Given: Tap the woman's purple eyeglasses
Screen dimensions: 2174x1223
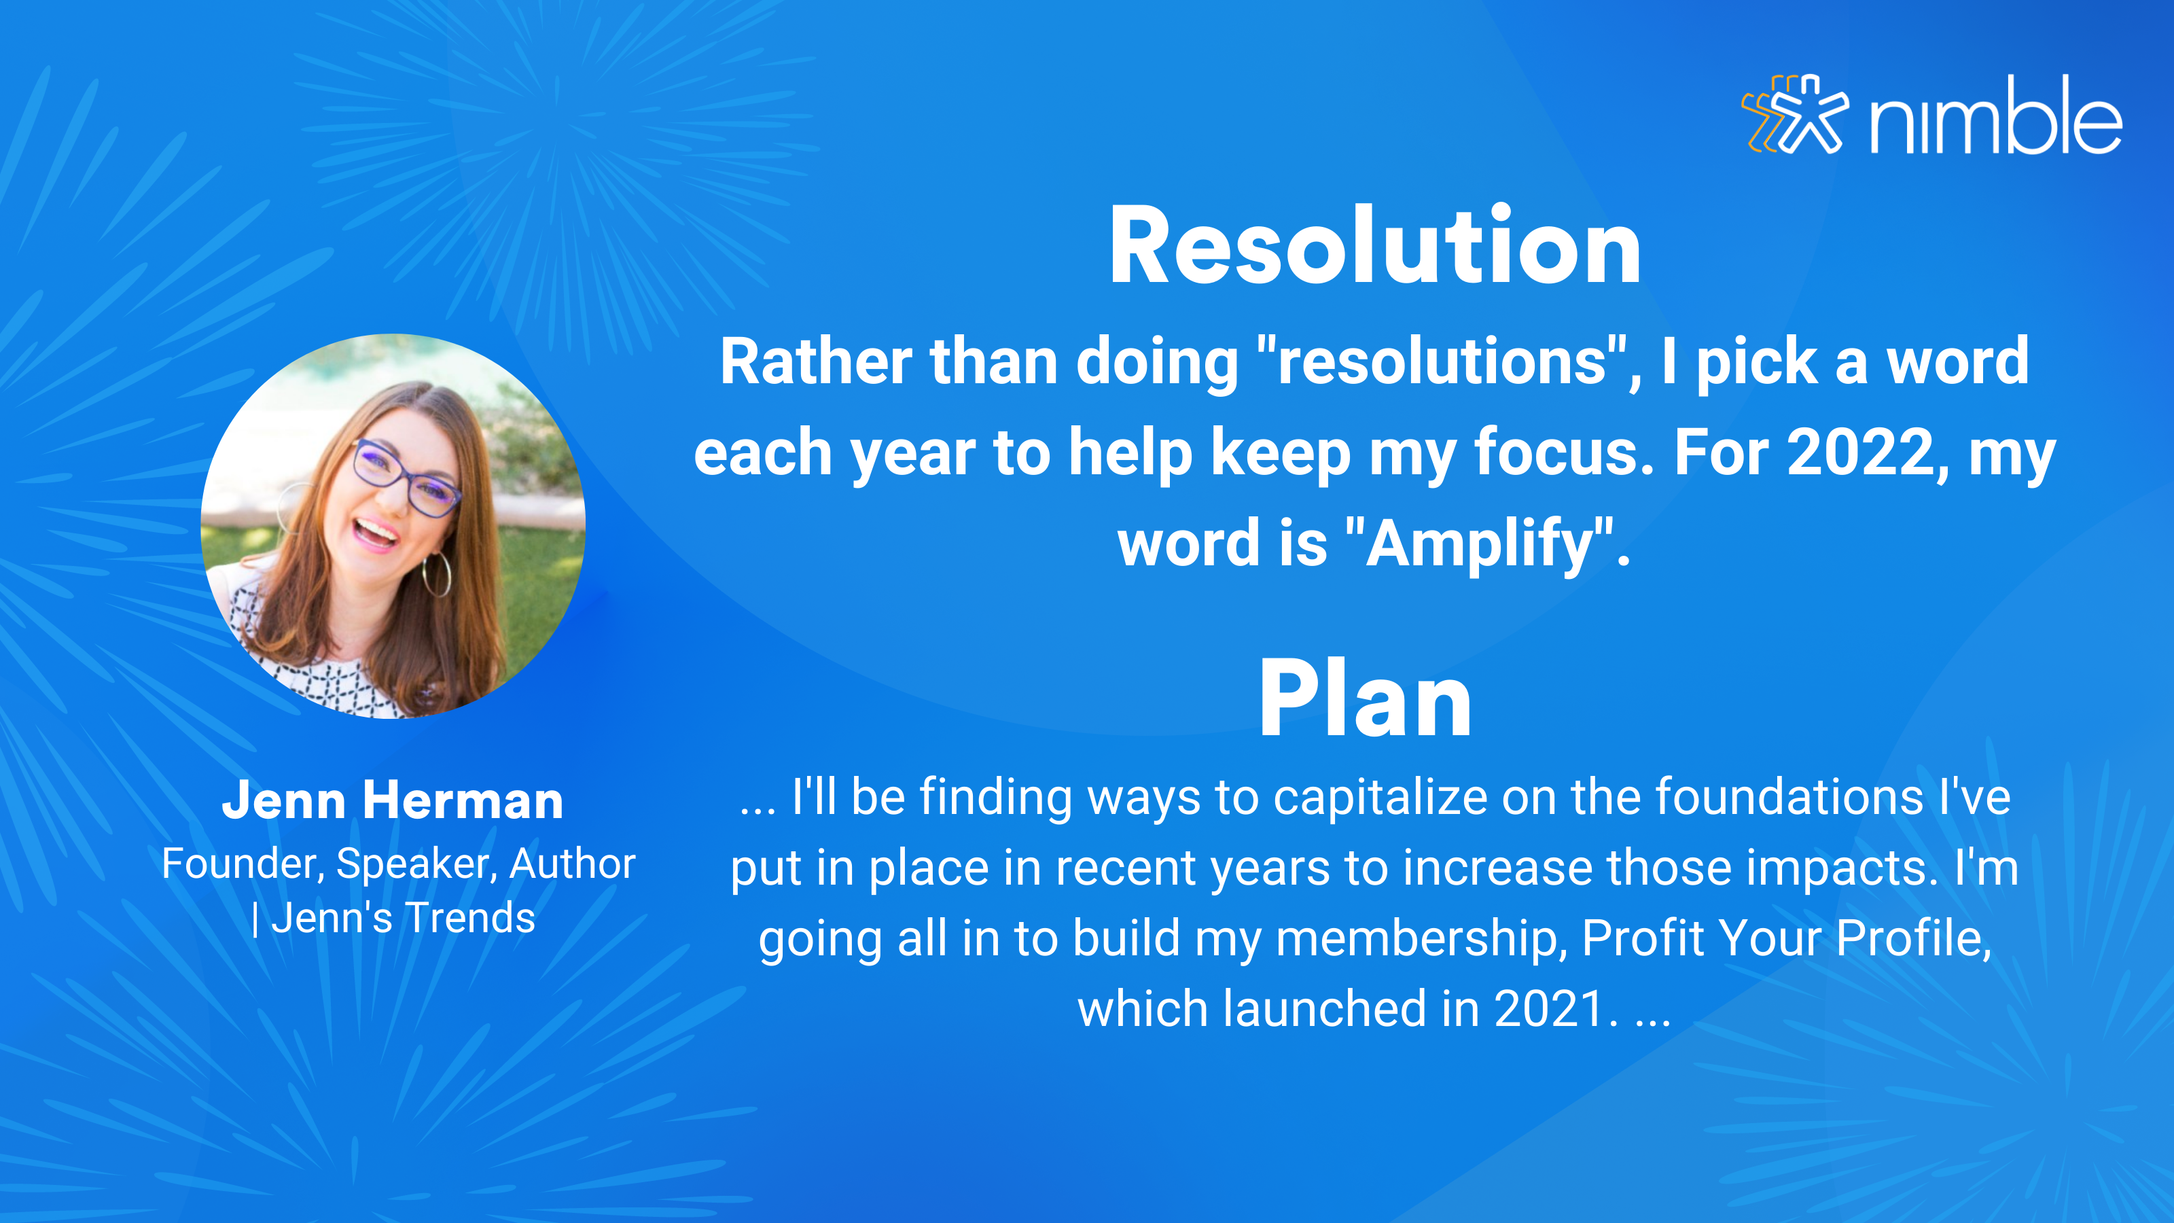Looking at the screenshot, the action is (404, 476).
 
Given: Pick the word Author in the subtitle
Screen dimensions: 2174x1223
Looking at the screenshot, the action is (572, 864).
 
